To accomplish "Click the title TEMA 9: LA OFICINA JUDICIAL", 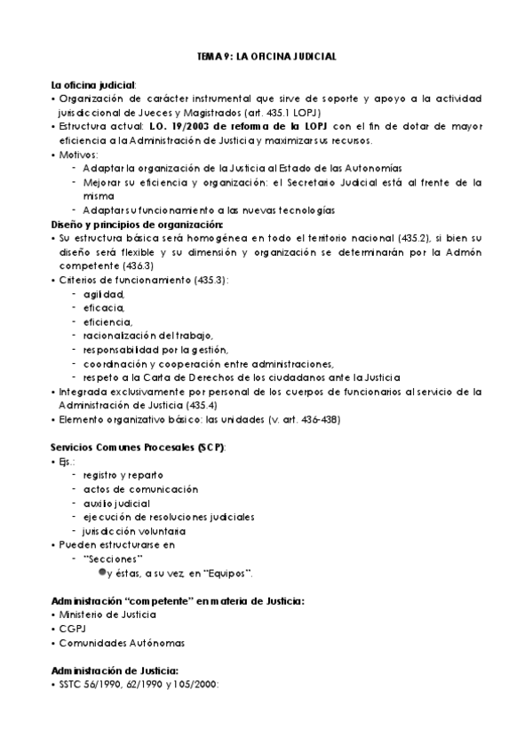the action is point(266,56).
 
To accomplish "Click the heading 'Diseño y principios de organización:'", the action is point(131,225).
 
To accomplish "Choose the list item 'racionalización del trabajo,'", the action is point(142,335).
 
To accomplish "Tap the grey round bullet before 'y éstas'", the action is point(101,572).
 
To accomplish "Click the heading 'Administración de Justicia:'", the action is point(115,670).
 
